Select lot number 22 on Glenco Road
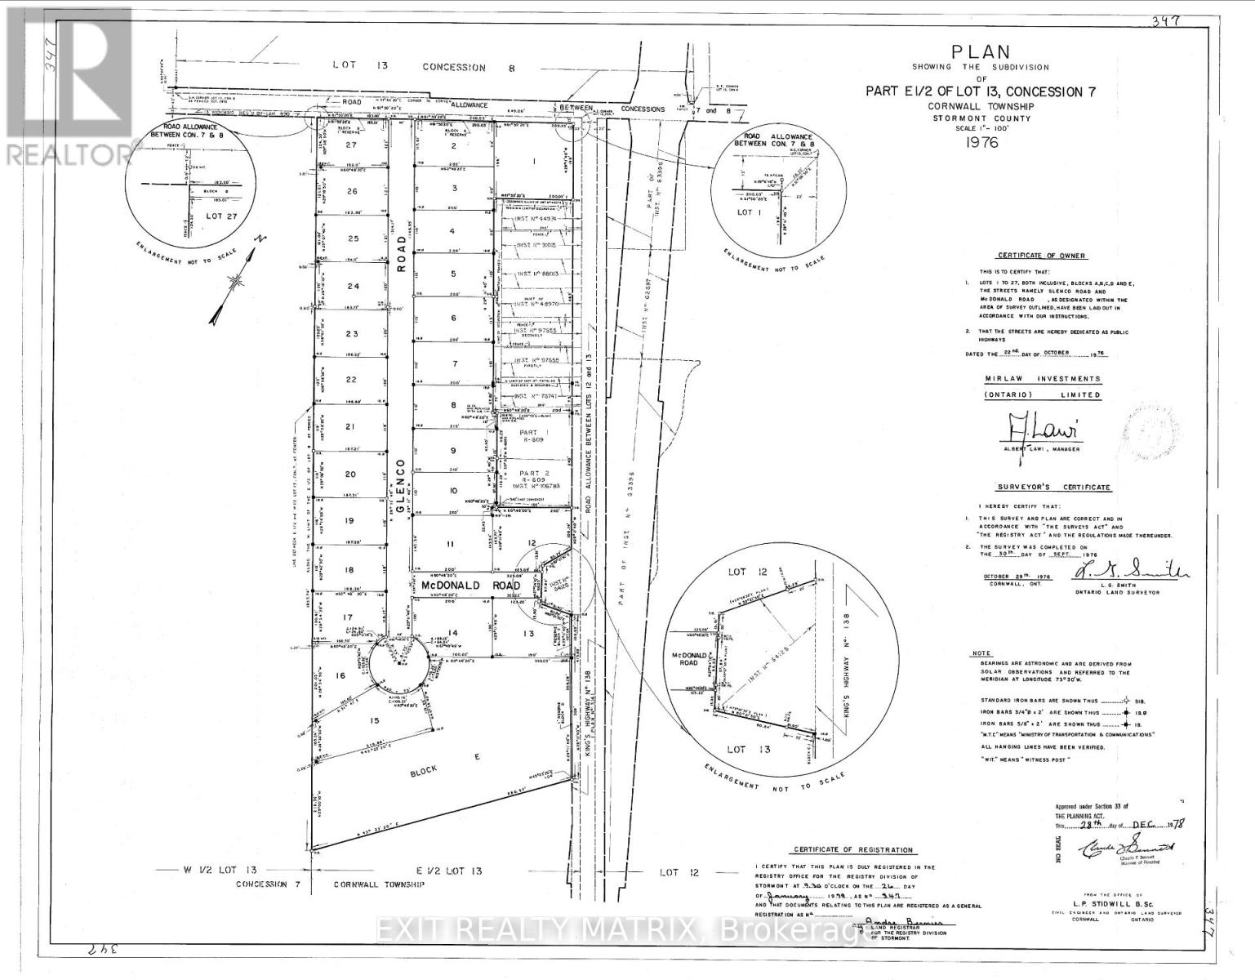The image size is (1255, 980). tap(351, 380)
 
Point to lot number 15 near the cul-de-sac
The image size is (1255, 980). tap(375, 719)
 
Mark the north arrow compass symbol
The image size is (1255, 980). tap(234, 281)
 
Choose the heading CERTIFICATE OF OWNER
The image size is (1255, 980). tap(1039, 256)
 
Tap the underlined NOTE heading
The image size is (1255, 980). tap(981, 653)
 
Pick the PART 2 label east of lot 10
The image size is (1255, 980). tap(519, 473)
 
